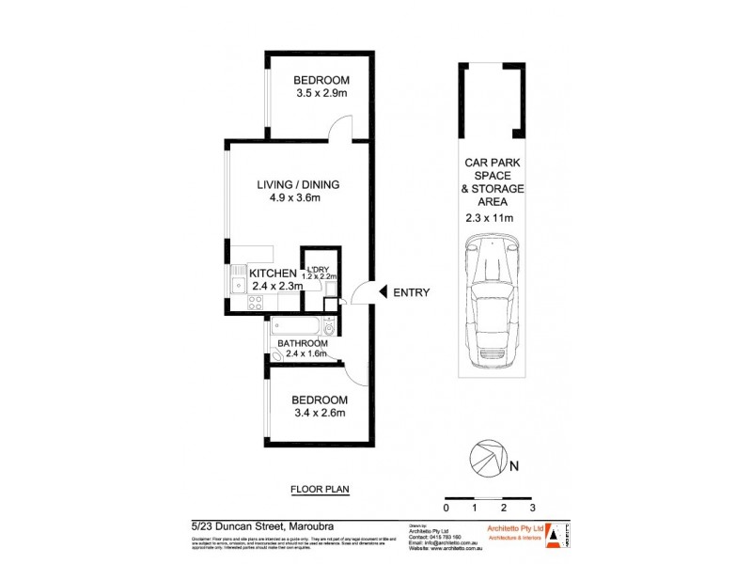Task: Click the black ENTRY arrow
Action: [382, 292]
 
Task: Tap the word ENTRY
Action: [411, 292]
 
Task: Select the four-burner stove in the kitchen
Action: [254, 303]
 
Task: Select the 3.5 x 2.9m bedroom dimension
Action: [317, 95]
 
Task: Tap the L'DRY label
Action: [317, 268]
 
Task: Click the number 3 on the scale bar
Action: [532, 508]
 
